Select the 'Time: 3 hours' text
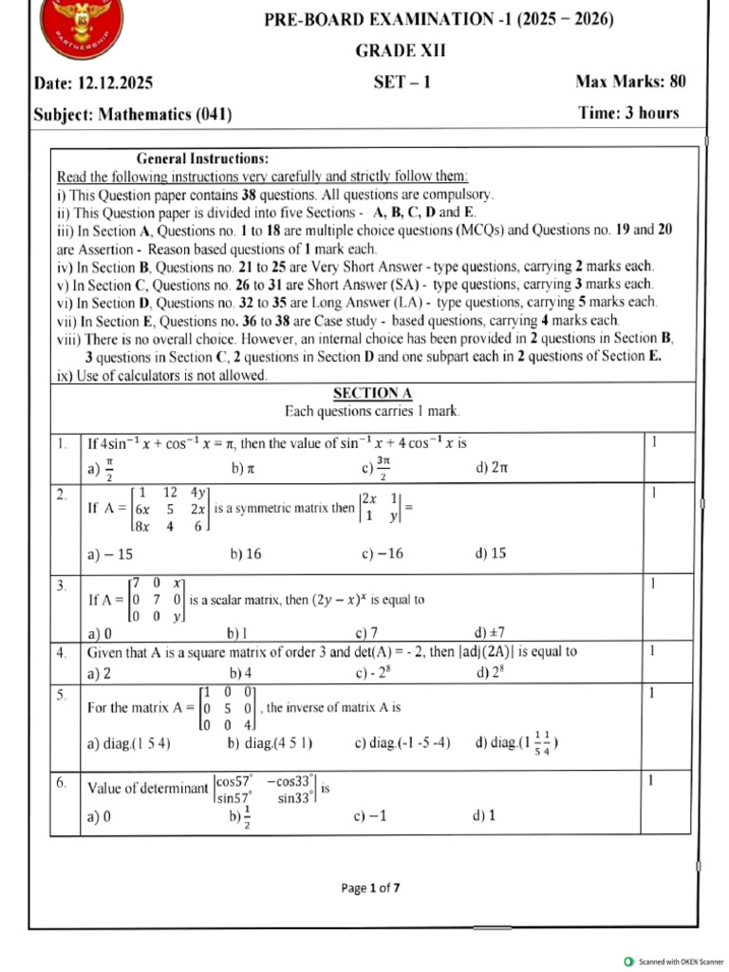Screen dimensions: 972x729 [x=628, y=113]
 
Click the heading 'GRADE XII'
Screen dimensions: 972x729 [x=400, y=51]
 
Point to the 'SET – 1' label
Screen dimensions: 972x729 [x=402, y=83]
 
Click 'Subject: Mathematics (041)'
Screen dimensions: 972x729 [x=133, y=115]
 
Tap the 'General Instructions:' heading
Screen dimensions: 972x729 [x=203, y=159]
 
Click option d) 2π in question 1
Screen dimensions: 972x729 [x=491, y=468]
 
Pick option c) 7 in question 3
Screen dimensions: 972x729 [x=367, y=633]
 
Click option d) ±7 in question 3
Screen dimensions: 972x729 [x=493, y=633]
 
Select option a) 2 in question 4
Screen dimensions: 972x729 [x=99, y=673]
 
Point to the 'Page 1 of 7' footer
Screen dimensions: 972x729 [x=370, y=888]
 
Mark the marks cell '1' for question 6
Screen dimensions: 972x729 [x=651, y=780]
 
